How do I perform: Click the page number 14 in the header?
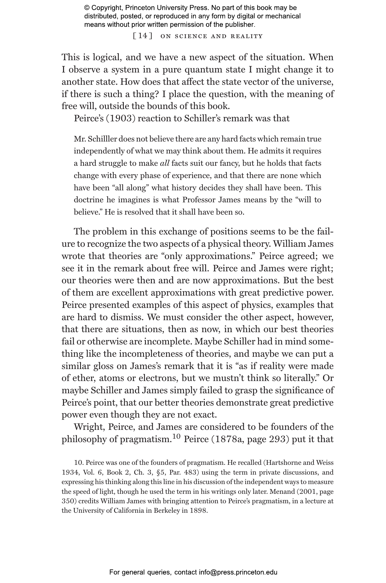click(143, 36)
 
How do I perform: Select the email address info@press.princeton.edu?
click(238, 572)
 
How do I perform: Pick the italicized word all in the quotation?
click(165, 163)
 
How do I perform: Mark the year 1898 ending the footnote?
click(198, 511)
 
